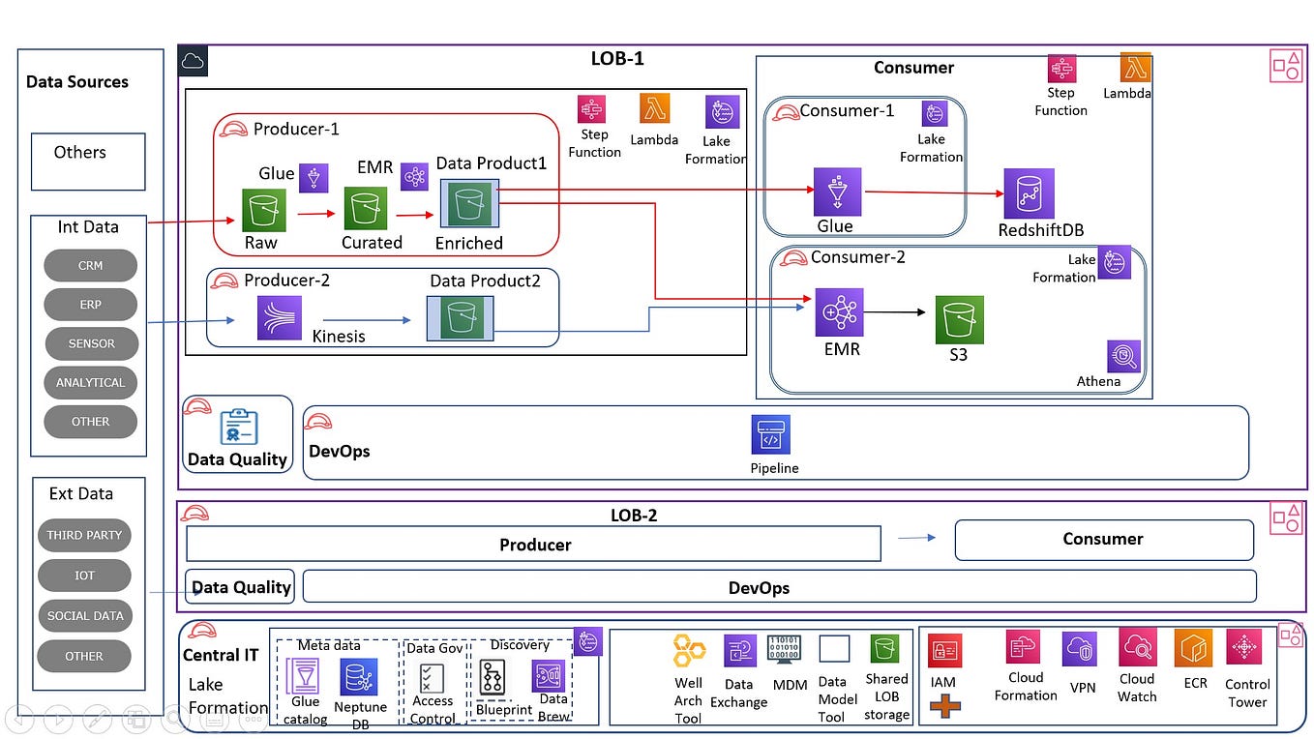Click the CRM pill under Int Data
pyautogui.click(x=91, y=266)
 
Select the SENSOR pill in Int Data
pyautogui.click(x=92, y=343)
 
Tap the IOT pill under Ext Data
pyautogui.click(x=84, y=576)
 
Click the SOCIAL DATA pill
pyautogui.click(x=85, y=616)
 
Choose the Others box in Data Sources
pyautogui.click(x=88, y=161)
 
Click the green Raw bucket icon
pyautogui.click(x=263, y=209)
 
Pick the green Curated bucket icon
pyautogui.click(x=366, y=209)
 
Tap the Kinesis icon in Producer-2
pyautogui.click(x=280, y=318)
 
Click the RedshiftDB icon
pyautogui.click(x=1029, y=193)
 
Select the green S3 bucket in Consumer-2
pyautogui.click(x=959, y=319)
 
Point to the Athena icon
pyautogui.click(x=1124, y=357)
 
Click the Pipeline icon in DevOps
pyautogui.click(x=771, y=435)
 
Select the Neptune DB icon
pyautogui.click(x=359, y=677)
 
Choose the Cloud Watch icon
pyautogui.click(x=1138, y=647)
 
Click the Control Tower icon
pyautogui.click(x=1245, y=647)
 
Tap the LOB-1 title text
pyautogui.click(x=617, y=59)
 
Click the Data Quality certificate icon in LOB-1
pyautogui.click(x=238, y=427)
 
